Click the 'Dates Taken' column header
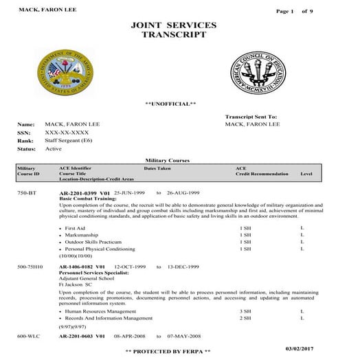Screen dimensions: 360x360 coord(157,168)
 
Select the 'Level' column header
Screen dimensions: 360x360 coord(306,174)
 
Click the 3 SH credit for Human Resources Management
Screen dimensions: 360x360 coord(244,311)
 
